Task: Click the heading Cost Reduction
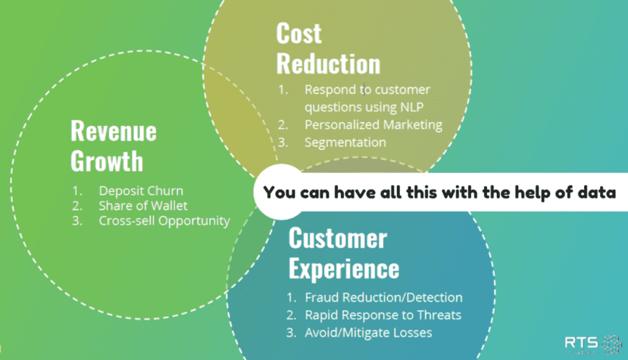click(327, 48)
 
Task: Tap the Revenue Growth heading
click(113, 146)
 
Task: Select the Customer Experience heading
click(343, 253)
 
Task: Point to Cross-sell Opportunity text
click(164, 221)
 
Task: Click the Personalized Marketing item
click(373, 124)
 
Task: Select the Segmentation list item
click(345, 142)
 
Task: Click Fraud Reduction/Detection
click(383, 298)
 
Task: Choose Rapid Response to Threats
click(383, 315)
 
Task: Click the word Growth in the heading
click(106, 161)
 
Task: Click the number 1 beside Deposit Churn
click(77, 191)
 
